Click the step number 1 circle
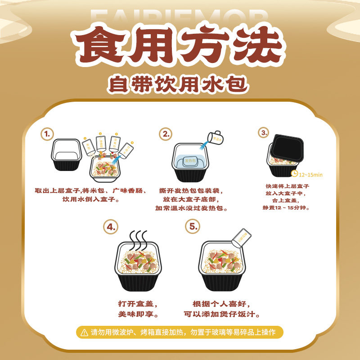pos(47,134)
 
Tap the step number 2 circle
pos(166,134)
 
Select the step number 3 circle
pos(263,132)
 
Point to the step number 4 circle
pos(110,226)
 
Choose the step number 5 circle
pos(193,226)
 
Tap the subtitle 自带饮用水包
pos(180,84)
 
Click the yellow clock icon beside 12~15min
pos(294,173)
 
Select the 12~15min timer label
pos(312,174)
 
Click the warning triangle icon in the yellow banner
pos(84,333)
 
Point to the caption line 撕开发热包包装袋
pos(191,190)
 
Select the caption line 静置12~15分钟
pos(286,207)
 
